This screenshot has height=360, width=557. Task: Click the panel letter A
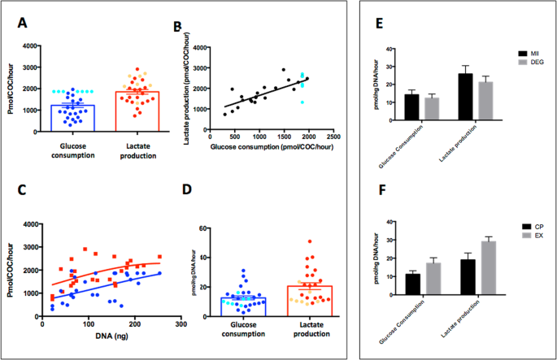pos(24,22)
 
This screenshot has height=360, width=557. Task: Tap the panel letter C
pos(24,192)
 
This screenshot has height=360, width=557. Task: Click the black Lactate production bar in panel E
pos(464,98)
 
